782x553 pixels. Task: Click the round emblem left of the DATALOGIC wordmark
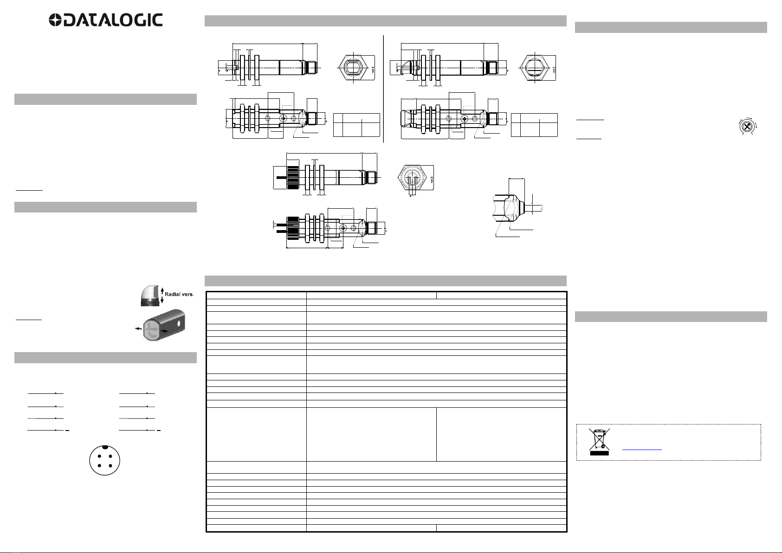pyautogui.click(x=55, y=20)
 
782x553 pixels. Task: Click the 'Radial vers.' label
pyautogui.click(x=179, y=294)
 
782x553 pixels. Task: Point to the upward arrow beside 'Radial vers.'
pyautogui.click(x=162, y=290)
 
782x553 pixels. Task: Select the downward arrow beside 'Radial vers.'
pyautogui.click(x=162, y=300)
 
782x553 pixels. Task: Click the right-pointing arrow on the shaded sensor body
pyautogui.click(x=164, y=331)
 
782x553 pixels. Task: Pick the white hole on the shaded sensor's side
pyautogui.click(x=179, y=324)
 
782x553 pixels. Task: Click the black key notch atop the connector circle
pyautogui.click(x=105, y=447)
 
